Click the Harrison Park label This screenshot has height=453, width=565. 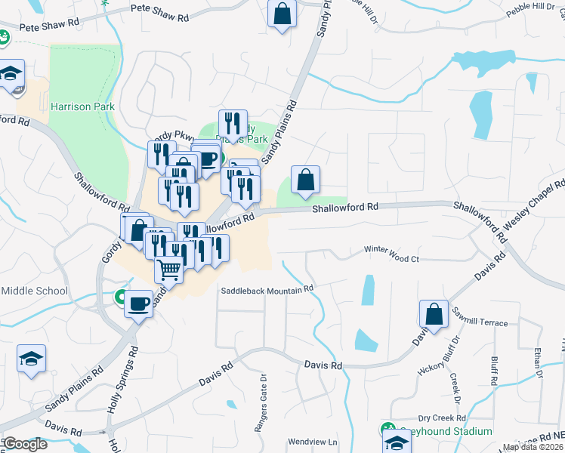82,106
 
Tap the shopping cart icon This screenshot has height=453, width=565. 169,268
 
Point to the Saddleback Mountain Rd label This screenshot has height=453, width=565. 267,290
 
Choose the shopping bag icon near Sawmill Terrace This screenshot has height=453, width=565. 434,314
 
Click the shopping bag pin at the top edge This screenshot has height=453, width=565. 282,14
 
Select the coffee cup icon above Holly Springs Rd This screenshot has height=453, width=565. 137,304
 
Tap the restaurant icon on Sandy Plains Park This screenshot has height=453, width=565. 233,123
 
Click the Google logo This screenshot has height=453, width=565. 24,444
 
